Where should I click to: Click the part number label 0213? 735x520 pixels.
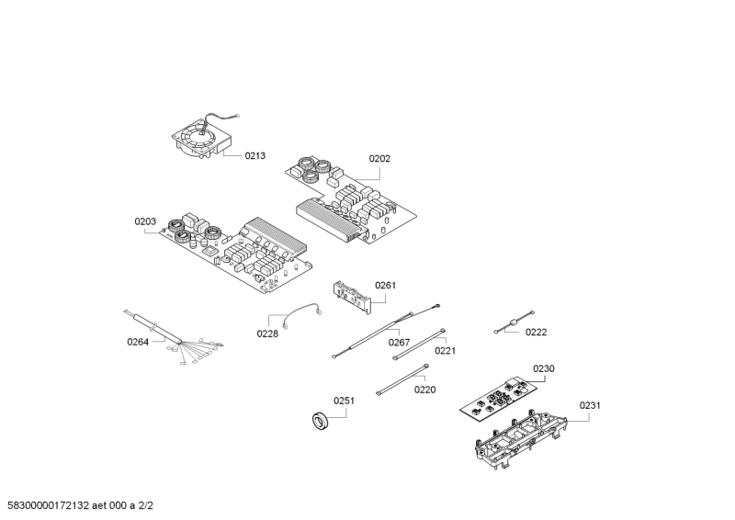tap(255, 155)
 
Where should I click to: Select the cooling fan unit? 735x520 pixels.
tap(202, 137)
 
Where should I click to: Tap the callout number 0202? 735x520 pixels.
tap(379, 159)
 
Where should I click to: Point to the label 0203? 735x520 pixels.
tap(145, 221)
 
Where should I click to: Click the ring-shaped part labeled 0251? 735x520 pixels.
tap(321, 420)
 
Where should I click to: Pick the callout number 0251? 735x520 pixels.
tap(344, 401)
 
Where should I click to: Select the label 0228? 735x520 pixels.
tap(267, 333)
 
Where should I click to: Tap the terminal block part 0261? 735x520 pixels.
tap(352, 297)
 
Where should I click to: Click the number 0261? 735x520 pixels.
tap(385, 285)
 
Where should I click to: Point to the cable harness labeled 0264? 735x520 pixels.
tap(175, 337)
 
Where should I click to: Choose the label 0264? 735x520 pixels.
tap(138, 342)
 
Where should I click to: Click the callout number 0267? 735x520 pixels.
tap(399, 343)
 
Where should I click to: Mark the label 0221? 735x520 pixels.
tap(445, 351)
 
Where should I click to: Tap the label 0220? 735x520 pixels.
tap(424, 390)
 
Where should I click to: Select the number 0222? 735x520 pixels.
tap(537, 333)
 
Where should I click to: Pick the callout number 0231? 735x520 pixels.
tap(590, 405)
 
